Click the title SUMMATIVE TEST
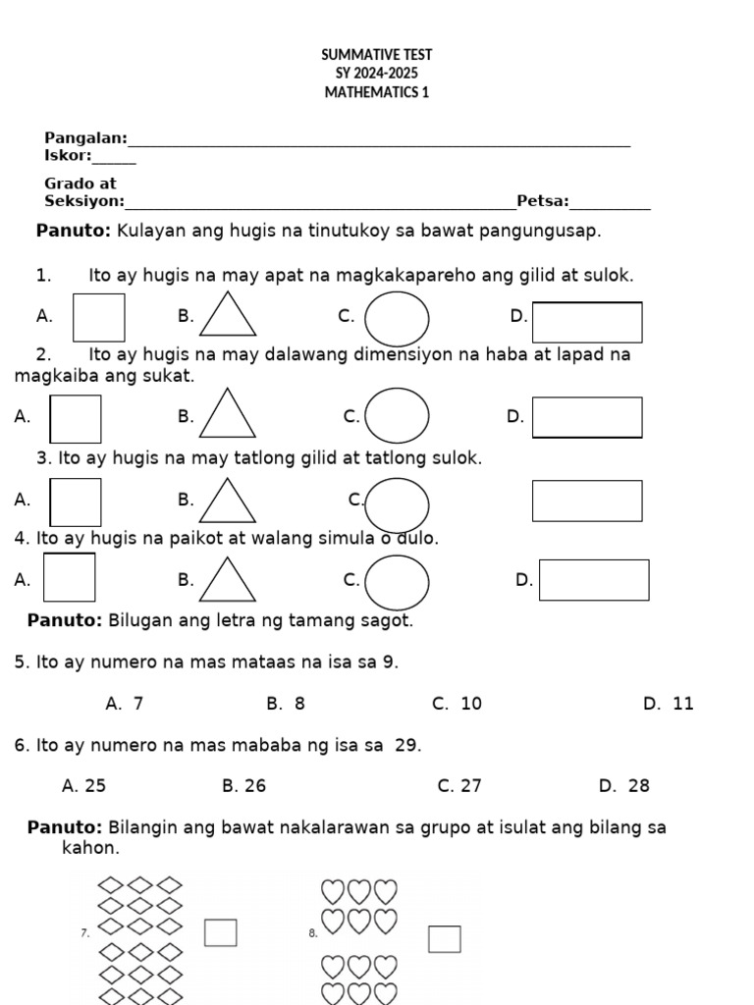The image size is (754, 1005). point(377,55)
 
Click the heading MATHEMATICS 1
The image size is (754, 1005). point(377,92)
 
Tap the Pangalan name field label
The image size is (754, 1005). point(85,138)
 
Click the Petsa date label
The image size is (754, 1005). point(542,201)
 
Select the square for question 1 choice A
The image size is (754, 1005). point(99,317)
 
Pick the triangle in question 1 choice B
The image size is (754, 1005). point(228,317)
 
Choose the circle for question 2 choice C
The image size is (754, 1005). point(397,416)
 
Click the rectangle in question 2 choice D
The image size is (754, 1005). point(587,417)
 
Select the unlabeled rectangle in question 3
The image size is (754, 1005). point(587,501)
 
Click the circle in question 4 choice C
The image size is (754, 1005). point(397,582)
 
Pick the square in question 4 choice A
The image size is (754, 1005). point(70,578)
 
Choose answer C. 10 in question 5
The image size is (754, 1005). point(457,704)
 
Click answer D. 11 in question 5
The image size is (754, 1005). point(668,704)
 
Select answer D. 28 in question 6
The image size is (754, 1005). point(623,785)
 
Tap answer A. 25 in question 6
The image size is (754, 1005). point(83,785)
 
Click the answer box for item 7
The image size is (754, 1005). point(220,932)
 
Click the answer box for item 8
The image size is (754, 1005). point(444,939)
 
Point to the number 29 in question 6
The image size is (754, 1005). point(406,746)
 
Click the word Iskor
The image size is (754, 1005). point(68,155)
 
